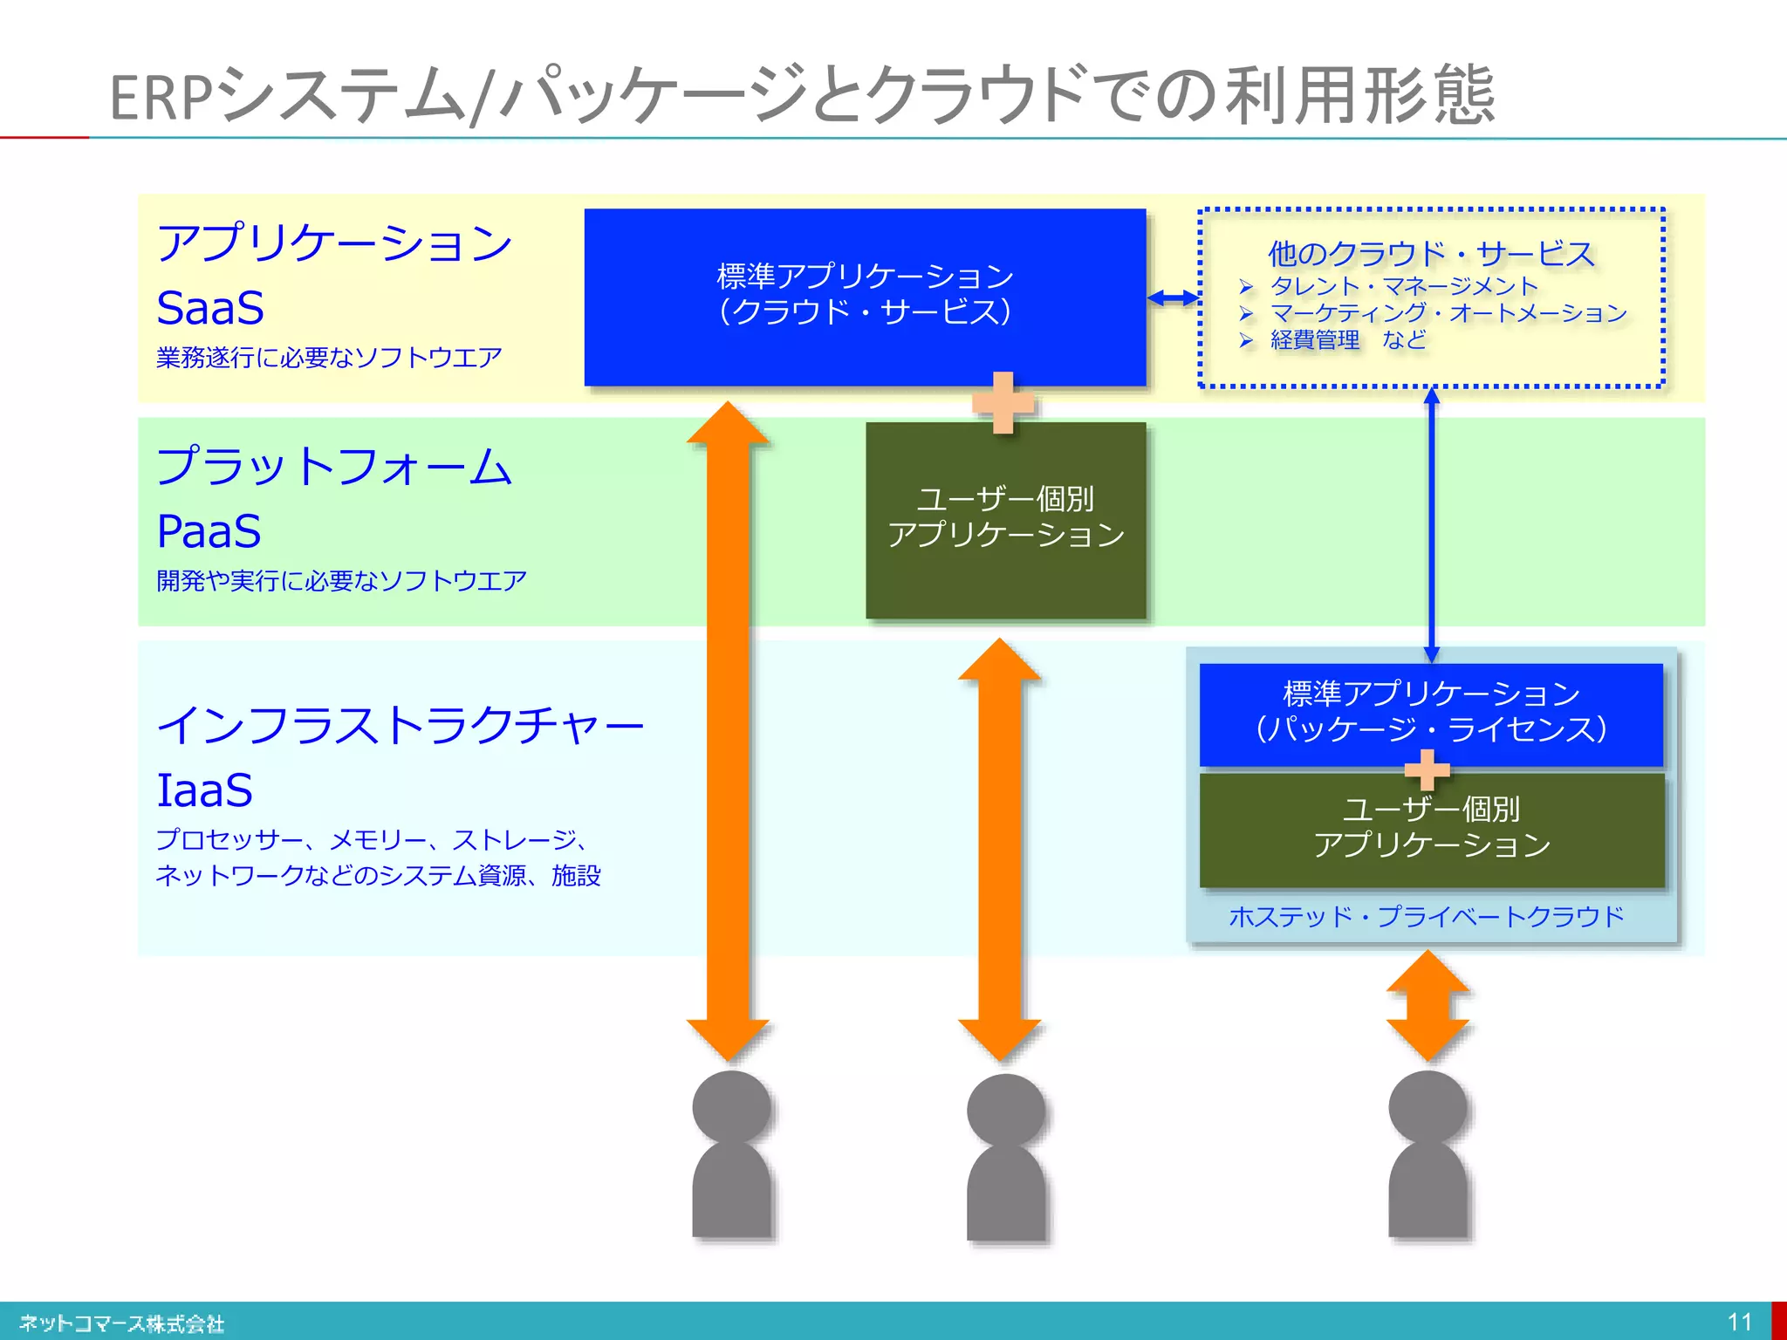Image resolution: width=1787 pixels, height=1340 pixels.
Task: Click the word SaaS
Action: point(210,308)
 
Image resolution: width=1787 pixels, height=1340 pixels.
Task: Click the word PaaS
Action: point(209,531)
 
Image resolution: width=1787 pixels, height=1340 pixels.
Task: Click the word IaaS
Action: point(204,790)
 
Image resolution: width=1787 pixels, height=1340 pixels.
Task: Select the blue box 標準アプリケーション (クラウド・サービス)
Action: point(864,296)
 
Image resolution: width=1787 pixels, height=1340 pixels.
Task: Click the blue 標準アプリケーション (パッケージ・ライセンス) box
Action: point(1431,712)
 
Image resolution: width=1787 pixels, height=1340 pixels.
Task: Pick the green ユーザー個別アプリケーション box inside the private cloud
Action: point(1431,829)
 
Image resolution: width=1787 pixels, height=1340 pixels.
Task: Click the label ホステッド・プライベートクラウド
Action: point(1427,916)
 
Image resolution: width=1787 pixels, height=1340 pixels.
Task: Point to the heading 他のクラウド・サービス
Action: point(1431,254)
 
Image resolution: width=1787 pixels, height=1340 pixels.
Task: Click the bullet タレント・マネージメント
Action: point(1403,286)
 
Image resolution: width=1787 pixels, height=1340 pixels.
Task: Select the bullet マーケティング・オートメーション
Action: point(1448,312)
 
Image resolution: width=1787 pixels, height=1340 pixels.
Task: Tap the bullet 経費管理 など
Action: point(1348,339)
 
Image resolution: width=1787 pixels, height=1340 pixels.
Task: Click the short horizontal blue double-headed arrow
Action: point(1173,298)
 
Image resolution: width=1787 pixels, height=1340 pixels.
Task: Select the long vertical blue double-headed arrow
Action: point(1431,523)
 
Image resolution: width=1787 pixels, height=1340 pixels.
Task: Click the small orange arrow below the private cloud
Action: point(1428,1005)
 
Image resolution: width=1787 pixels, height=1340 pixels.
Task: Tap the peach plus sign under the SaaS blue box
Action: point(1003,403)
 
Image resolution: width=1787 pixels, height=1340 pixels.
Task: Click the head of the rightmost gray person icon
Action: point(1428,1108)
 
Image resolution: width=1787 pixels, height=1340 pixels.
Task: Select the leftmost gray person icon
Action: point(731,1156)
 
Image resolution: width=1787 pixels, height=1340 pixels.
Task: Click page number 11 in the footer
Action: point(1739,1322)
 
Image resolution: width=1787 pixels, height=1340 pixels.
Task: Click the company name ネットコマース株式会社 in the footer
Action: point(122,1323)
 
